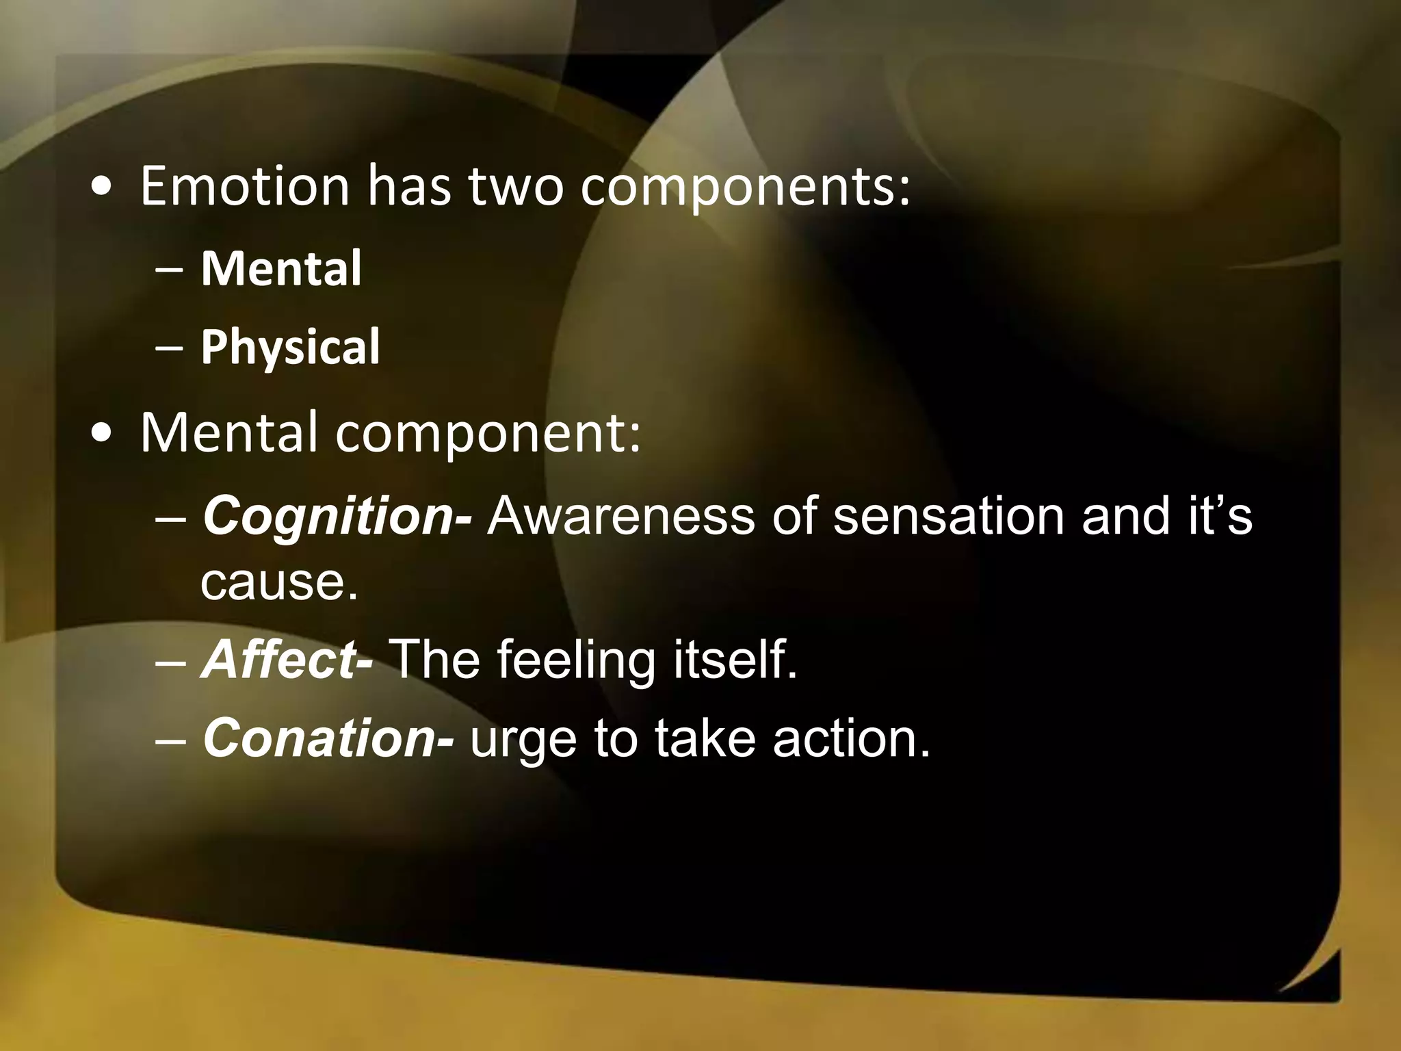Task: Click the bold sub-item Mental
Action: (281, 268)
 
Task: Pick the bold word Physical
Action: (290, 347)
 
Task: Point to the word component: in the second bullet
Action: (488, 434)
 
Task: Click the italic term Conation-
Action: (328, 738)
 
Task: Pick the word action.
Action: (852, 738)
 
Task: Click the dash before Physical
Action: (168, 347)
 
